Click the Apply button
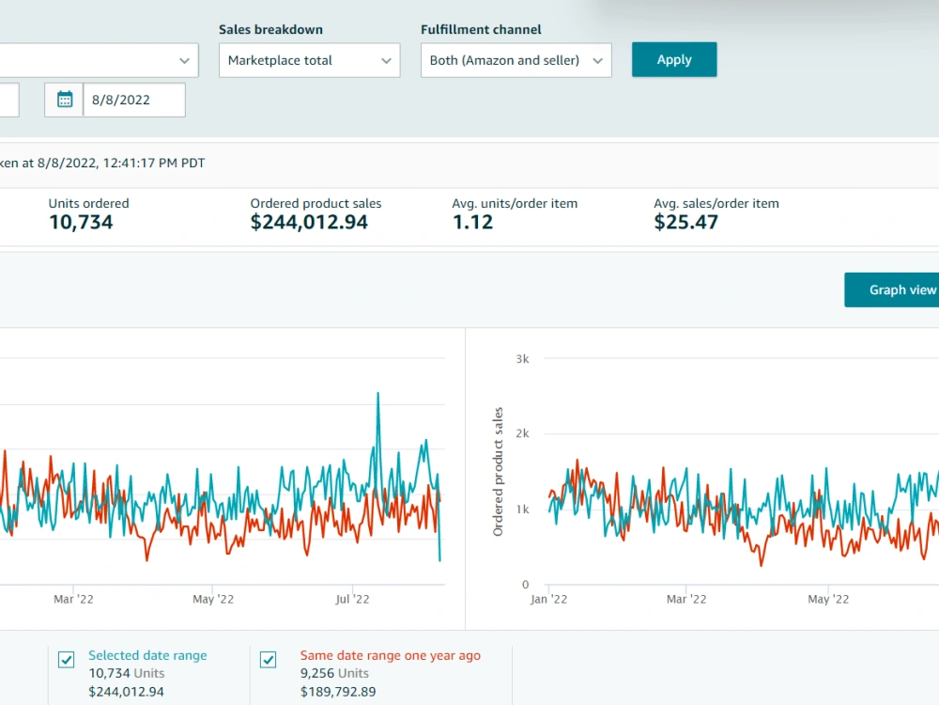pos(673,59)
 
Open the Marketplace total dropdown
pos(309,60)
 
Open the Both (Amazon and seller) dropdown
pos(516,60)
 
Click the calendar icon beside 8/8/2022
pos(65,100)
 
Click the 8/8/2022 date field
pos(133,100)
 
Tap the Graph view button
pos(892,290)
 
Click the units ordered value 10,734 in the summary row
pos(81,223)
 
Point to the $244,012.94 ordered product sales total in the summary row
pos(309,223)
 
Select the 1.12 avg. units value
pos(472,223)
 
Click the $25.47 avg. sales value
pos(685,223)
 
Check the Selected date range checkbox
pos(67,660)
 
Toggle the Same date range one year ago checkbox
pos(269,660)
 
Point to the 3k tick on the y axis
pos(522,359)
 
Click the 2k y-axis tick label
pos(522,433)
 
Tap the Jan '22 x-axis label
pos(548,599)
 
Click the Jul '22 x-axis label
pos(352,599)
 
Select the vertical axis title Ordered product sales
pos(498,472)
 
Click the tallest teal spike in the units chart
pos(377,393)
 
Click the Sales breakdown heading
pos(270,29)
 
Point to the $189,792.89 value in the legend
pos(338,692)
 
